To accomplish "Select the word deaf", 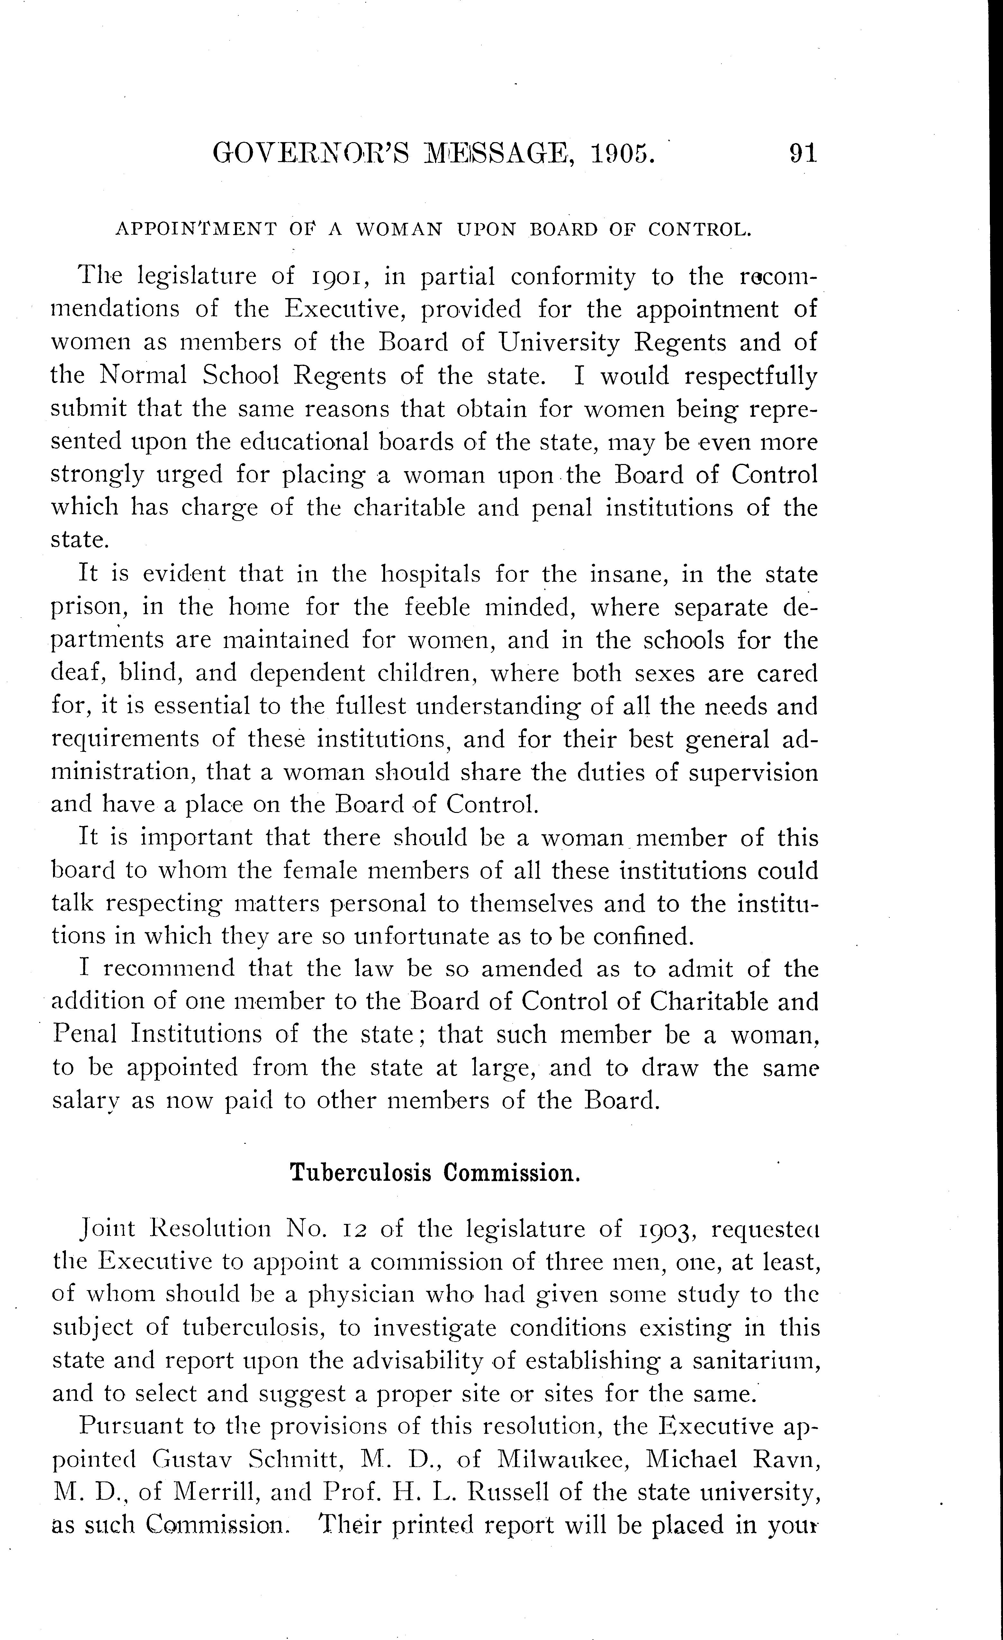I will tap(75, 673).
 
